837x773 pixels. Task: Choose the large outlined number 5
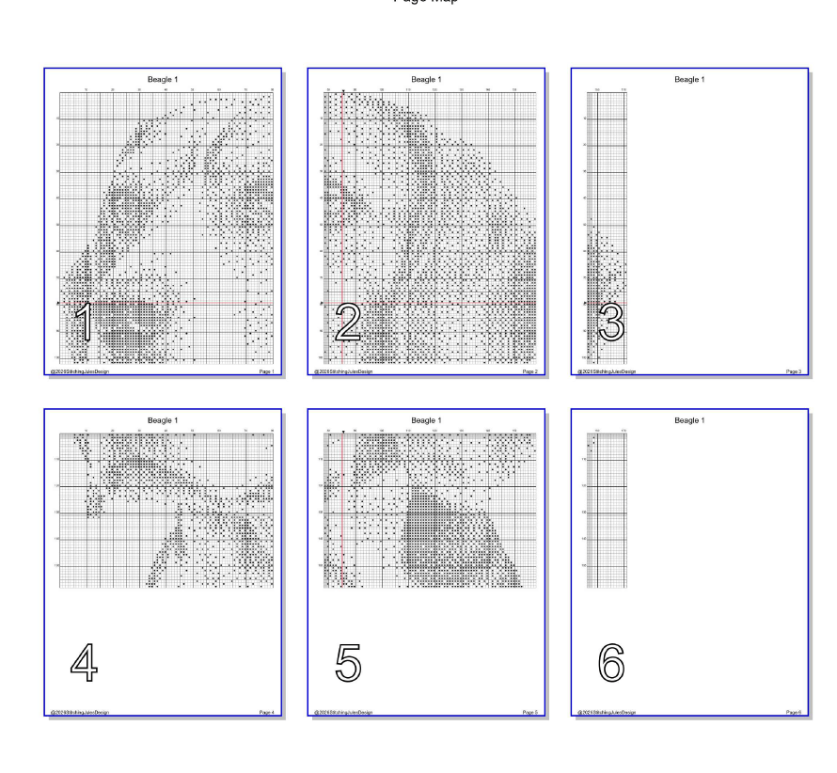tap(348, 664)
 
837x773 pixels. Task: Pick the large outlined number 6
tap(611, 664)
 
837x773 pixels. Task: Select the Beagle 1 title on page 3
tap(690, 80)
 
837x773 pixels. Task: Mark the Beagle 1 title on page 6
tap(690, 420)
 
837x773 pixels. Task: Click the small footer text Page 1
tap(265, 372)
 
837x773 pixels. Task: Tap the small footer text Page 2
tap(529, 372)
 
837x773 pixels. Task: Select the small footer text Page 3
tap(793, 372)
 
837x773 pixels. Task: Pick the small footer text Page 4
tap(265, 713)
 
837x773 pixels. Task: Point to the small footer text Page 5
tap(529, 713)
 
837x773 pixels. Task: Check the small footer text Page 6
tap(793, 713)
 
